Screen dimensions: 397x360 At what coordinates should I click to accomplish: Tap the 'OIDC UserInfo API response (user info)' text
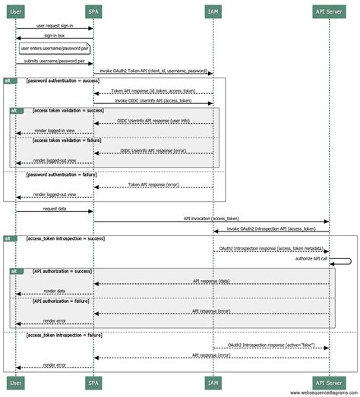click(x=153, y=120)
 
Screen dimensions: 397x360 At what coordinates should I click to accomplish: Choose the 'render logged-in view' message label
click(x=54, y=131)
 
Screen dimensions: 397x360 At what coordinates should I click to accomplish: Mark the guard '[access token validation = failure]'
click(x=68, y=140)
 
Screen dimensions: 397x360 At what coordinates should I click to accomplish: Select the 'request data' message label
click(x=54, y=207)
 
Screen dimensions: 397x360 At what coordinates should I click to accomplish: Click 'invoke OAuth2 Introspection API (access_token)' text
click(x=270, y=228)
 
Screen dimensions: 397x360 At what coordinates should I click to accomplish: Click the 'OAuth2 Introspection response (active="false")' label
click(x=270, y=345)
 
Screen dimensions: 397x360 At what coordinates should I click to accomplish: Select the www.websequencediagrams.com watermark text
click(x=322, y=392)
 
